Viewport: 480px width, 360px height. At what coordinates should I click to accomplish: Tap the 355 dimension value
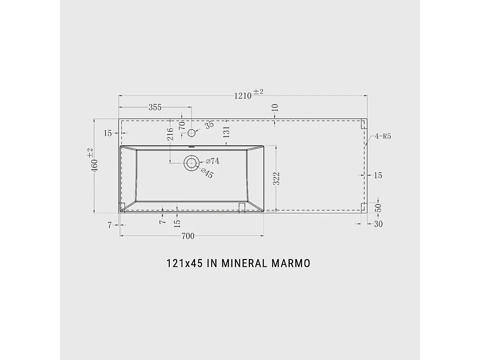coord(155,107)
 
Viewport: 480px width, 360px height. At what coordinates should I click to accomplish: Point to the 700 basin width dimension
coord(188,236)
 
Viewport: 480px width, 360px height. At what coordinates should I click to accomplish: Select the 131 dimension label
coord(226,132)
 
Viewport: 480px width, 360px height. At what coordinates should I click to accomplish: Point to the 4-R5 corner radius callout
coord(383,137)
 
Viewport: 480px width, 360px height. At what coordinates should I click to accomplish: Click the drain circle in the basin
coord(191,163)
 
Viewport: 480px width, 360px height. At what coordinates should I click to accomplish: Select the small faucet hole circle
coord(191,132)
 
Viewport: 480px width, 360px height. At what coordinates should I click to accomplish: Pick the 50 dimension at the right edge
coord(378,207)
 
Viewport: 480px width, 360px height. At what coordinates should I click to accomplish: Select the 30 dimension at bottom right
coord(378,224)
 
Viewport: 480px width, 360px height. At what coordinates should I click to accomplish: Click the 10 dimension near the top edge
coord(275,107)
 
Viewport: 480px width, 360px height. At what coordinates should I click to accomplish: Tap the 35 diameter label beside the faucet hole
coord(209,125)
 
